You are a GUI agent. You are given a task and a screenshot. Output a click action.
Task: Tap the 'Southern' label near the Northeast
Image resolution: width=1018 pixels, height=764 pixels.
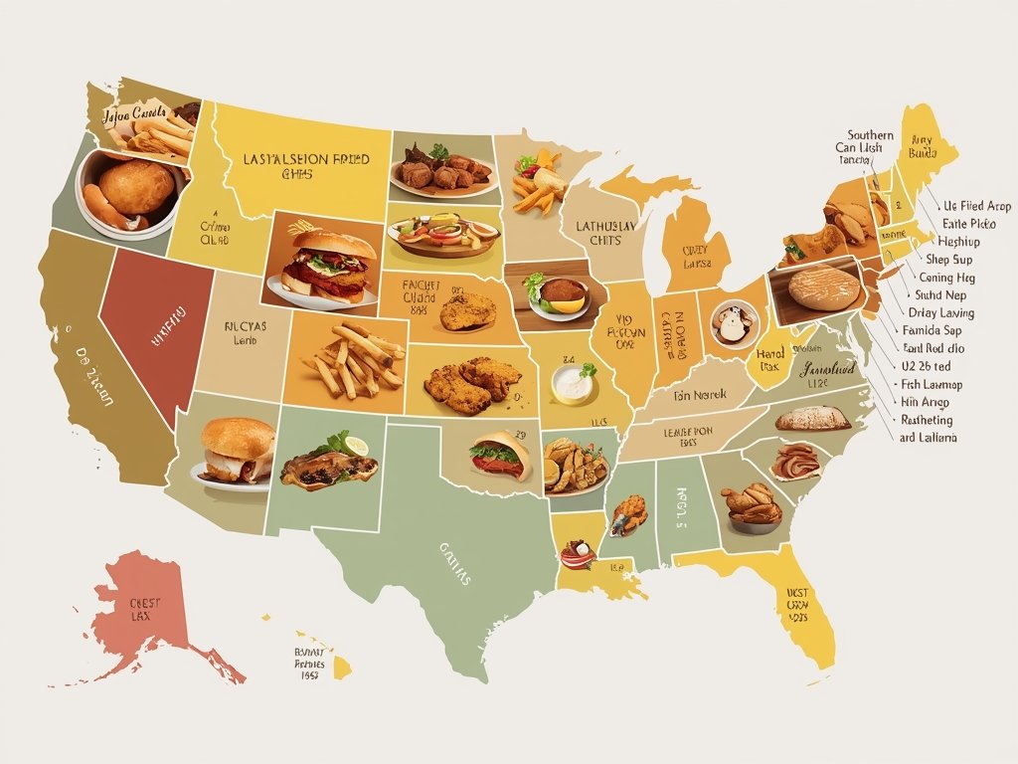870,134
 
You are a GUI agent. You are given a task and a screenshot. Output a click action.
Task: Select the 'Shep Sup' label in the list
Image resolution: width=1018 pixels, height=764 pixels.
947,260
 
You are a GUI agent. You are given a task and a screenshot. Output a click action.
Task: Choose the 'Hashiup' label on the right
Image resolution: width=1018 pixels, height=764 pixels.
957,242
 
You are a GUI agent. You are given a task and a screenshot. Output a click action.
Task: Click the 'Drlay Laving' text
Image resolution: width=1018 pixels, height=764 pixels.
940,313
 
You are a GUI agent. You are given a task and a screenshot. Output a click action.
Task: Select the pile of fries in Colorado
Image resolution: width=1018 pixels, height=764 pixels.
352,360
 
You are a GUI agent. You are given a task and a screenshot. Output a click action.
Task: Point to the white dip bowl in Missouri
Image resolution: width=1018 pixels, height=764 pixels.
574,384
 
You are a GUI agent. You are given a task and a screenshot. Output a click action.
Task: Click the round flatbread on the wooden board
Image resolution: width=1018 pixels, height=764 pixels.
824,287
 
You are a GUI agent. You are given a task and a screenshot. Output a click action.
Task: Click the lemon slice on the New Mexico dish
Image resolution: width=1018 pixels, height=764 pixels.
356,446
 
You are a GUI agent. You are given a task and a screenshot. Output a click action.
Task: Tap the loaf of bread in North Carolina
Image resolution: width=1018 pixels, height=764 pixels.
812,419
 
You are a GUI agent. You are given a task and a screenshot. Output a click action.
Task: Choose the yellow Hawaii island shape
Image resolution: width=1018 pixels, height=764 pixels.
341,666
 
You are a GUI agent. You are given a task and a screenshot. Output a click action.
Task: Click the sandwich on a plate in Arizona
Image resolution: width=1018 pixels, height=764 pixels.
237,452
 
